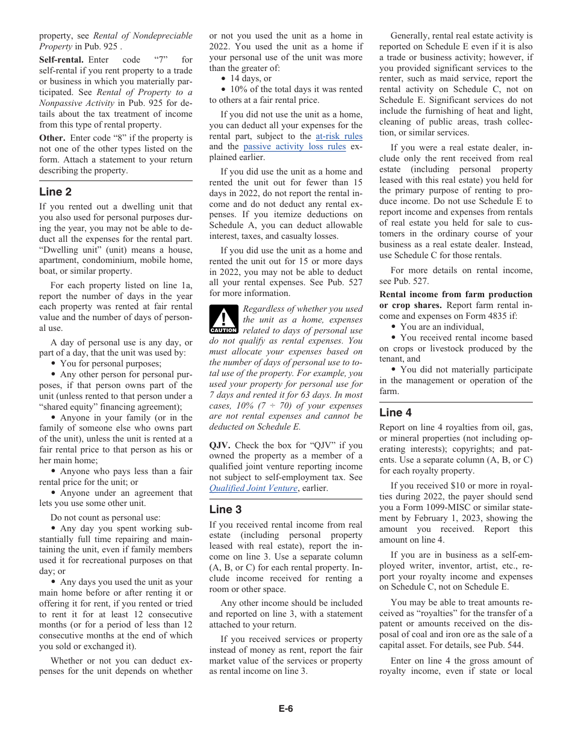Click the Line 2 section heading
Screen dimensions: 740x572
(55, 192)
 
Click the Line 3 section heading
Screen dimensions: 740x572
(225, 510)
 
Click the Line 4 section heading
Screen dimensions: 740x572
(396, 413)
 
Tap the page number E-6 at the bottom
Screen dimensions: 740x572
(285, 709)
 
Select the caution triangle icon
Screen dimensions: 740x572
(223, 319)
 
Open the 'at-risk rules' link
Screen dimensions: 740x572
(339, 136)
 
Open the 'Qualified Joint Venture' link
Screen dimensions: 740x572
(253, 488)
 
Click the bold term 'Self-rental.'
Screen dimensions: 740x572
(61, 60)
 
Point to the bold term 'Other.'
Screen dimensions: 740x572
(52, 138)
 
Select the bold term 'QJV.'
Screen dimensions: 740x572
(220, 445)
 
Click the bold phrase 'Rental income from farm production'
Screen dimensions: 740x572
(456, 294)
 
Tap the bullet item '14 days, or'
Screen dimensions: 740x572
(250, 78)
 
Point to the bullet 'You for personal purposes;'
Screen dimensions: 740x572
(110, 363)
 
